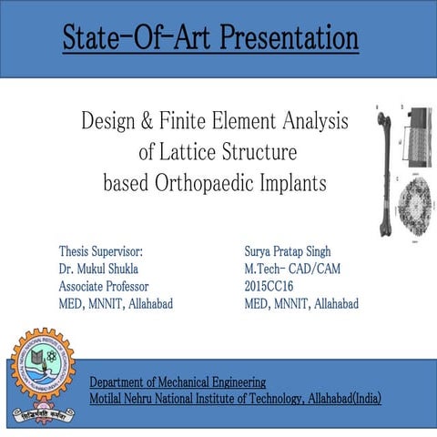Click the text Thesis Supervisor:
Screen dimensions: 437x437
pos(101,250)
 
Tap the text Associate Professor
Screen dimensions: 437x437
pos(103,286)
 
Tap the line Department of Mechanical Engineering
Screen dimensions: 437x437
pos(178,381)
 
